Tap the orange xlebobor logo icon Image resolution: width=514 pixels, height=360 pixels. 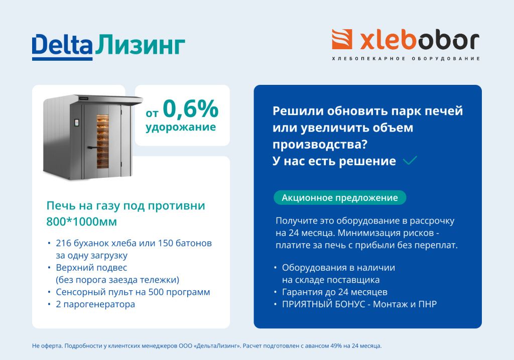pos(342,40)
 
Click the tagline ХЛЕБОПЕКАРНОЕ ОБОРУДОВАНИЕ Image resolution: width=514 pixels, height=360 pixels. pos(406,59)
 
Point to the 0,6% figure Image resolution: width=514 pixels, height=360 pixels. pos(190,108)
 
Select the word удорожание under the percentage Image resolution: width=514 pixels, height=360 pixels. pos(181,127)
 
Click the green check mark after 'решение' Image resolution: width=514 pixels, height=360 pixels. pos(410,161)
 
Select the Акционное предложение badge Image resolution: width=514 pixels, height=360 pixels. pos(340,198)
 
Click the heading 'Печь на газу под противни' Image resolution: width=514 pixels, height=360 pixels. pos(125,206)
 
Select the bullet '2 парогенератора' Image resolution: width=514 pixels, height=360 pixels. pos(95,304)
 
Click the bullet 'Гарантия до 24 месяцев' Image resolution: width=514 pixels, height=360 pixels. pos(334,292)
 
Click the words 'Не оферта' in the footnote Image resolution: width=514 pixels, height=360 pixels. pos(44,346)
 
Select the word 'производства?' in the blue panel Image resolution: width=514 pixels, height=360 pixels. pos(320,144)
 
